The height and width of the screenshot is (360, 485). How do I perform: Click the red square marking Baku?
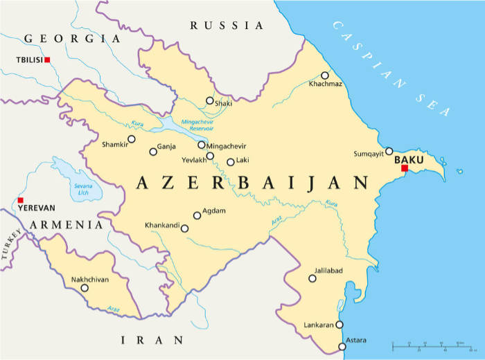(405, 168)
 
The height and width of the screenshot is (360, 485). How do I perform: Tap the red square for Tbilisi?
(47, 60)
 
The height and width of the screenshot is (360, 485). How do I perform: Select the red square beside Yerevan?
(20, 200)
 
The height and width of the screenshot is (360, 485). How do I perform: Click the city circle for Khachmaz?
(324, 75)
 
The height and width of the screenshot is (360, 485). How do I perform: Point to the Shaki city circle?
(209, 100)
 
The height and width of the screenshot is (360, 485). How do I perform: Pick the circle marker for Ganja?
(153, 152)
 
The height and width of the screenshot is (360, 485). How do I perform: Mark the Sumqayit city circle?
(389, 151)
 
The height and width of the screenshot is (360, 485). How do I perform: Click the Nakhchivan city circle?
(85, 288)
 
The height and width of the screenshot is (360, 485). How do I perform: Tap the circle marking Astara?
(342, 347)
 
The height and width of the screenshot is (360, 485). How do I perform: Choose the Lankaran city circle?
(339, 325)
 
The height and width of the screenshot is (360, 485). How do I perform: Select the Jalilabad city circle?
(312, 278)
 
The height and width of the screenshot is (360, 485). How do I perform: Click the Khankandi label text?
(161, 226)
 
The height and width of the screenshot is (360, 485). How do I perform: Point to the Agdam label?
(214, 211)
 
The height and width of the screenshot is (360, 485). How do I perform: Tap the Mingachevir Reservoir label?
(197, 125)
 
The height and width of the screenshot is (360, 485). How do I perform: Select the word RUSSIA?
(227, 26)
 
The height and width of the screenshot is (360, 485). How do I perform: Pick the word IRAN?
(152, 340)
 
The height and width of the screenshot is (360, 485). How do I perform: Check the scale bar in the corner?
(427, 343)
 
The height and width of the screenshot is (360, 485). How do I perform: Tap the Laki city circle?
(231, 162)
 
